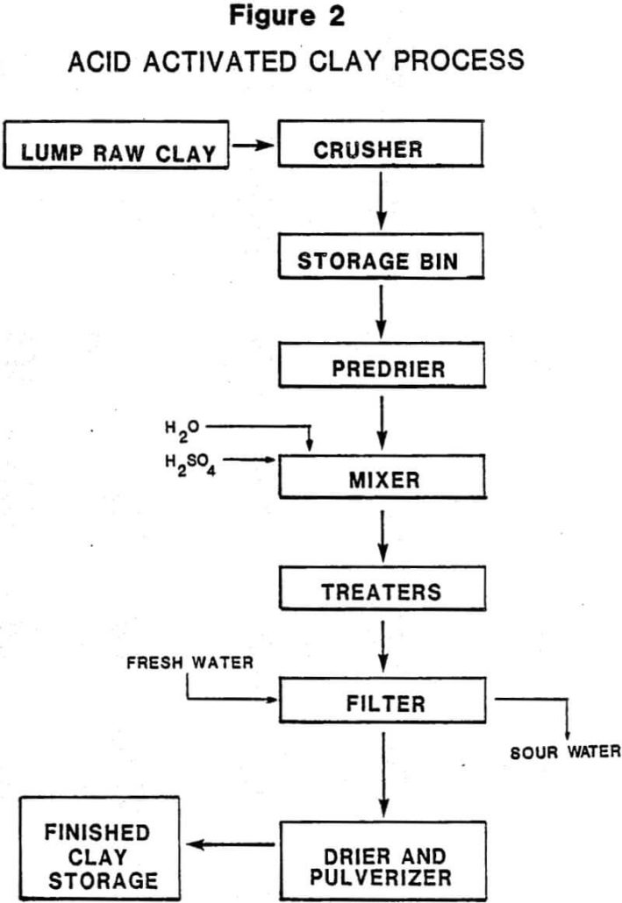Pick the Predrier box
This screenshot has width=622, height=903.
[x=381, y=368]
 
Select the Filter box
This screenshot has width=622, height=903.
[x=386, y=701]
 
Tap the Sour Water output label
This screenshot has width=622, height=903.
[x=566, y=751]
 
